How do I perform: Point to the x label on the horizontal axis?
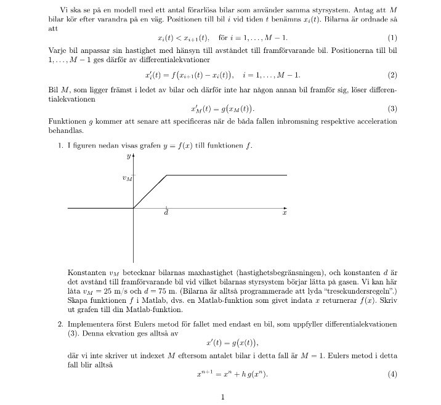(x=285, y=213)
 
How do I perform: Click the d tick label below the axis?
(x=166, y=213)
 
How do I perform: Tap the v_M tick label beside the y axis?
(x=127, y=178)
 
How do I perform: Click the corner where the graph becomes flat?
(x=167, y=175)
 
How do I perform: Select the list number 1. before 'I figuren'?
(x=61, y=146)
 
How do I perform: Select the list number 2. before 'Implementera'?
(x=61, y=324)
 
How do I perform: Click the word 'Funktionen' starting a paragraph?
(x=65, y=121)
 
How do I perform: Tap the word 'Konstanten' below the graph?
(x=85, y=272)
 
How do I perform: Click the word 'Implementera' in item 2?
(x=90, y=324)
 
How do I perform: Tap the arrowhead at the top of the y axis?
(x=134, y=156)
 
